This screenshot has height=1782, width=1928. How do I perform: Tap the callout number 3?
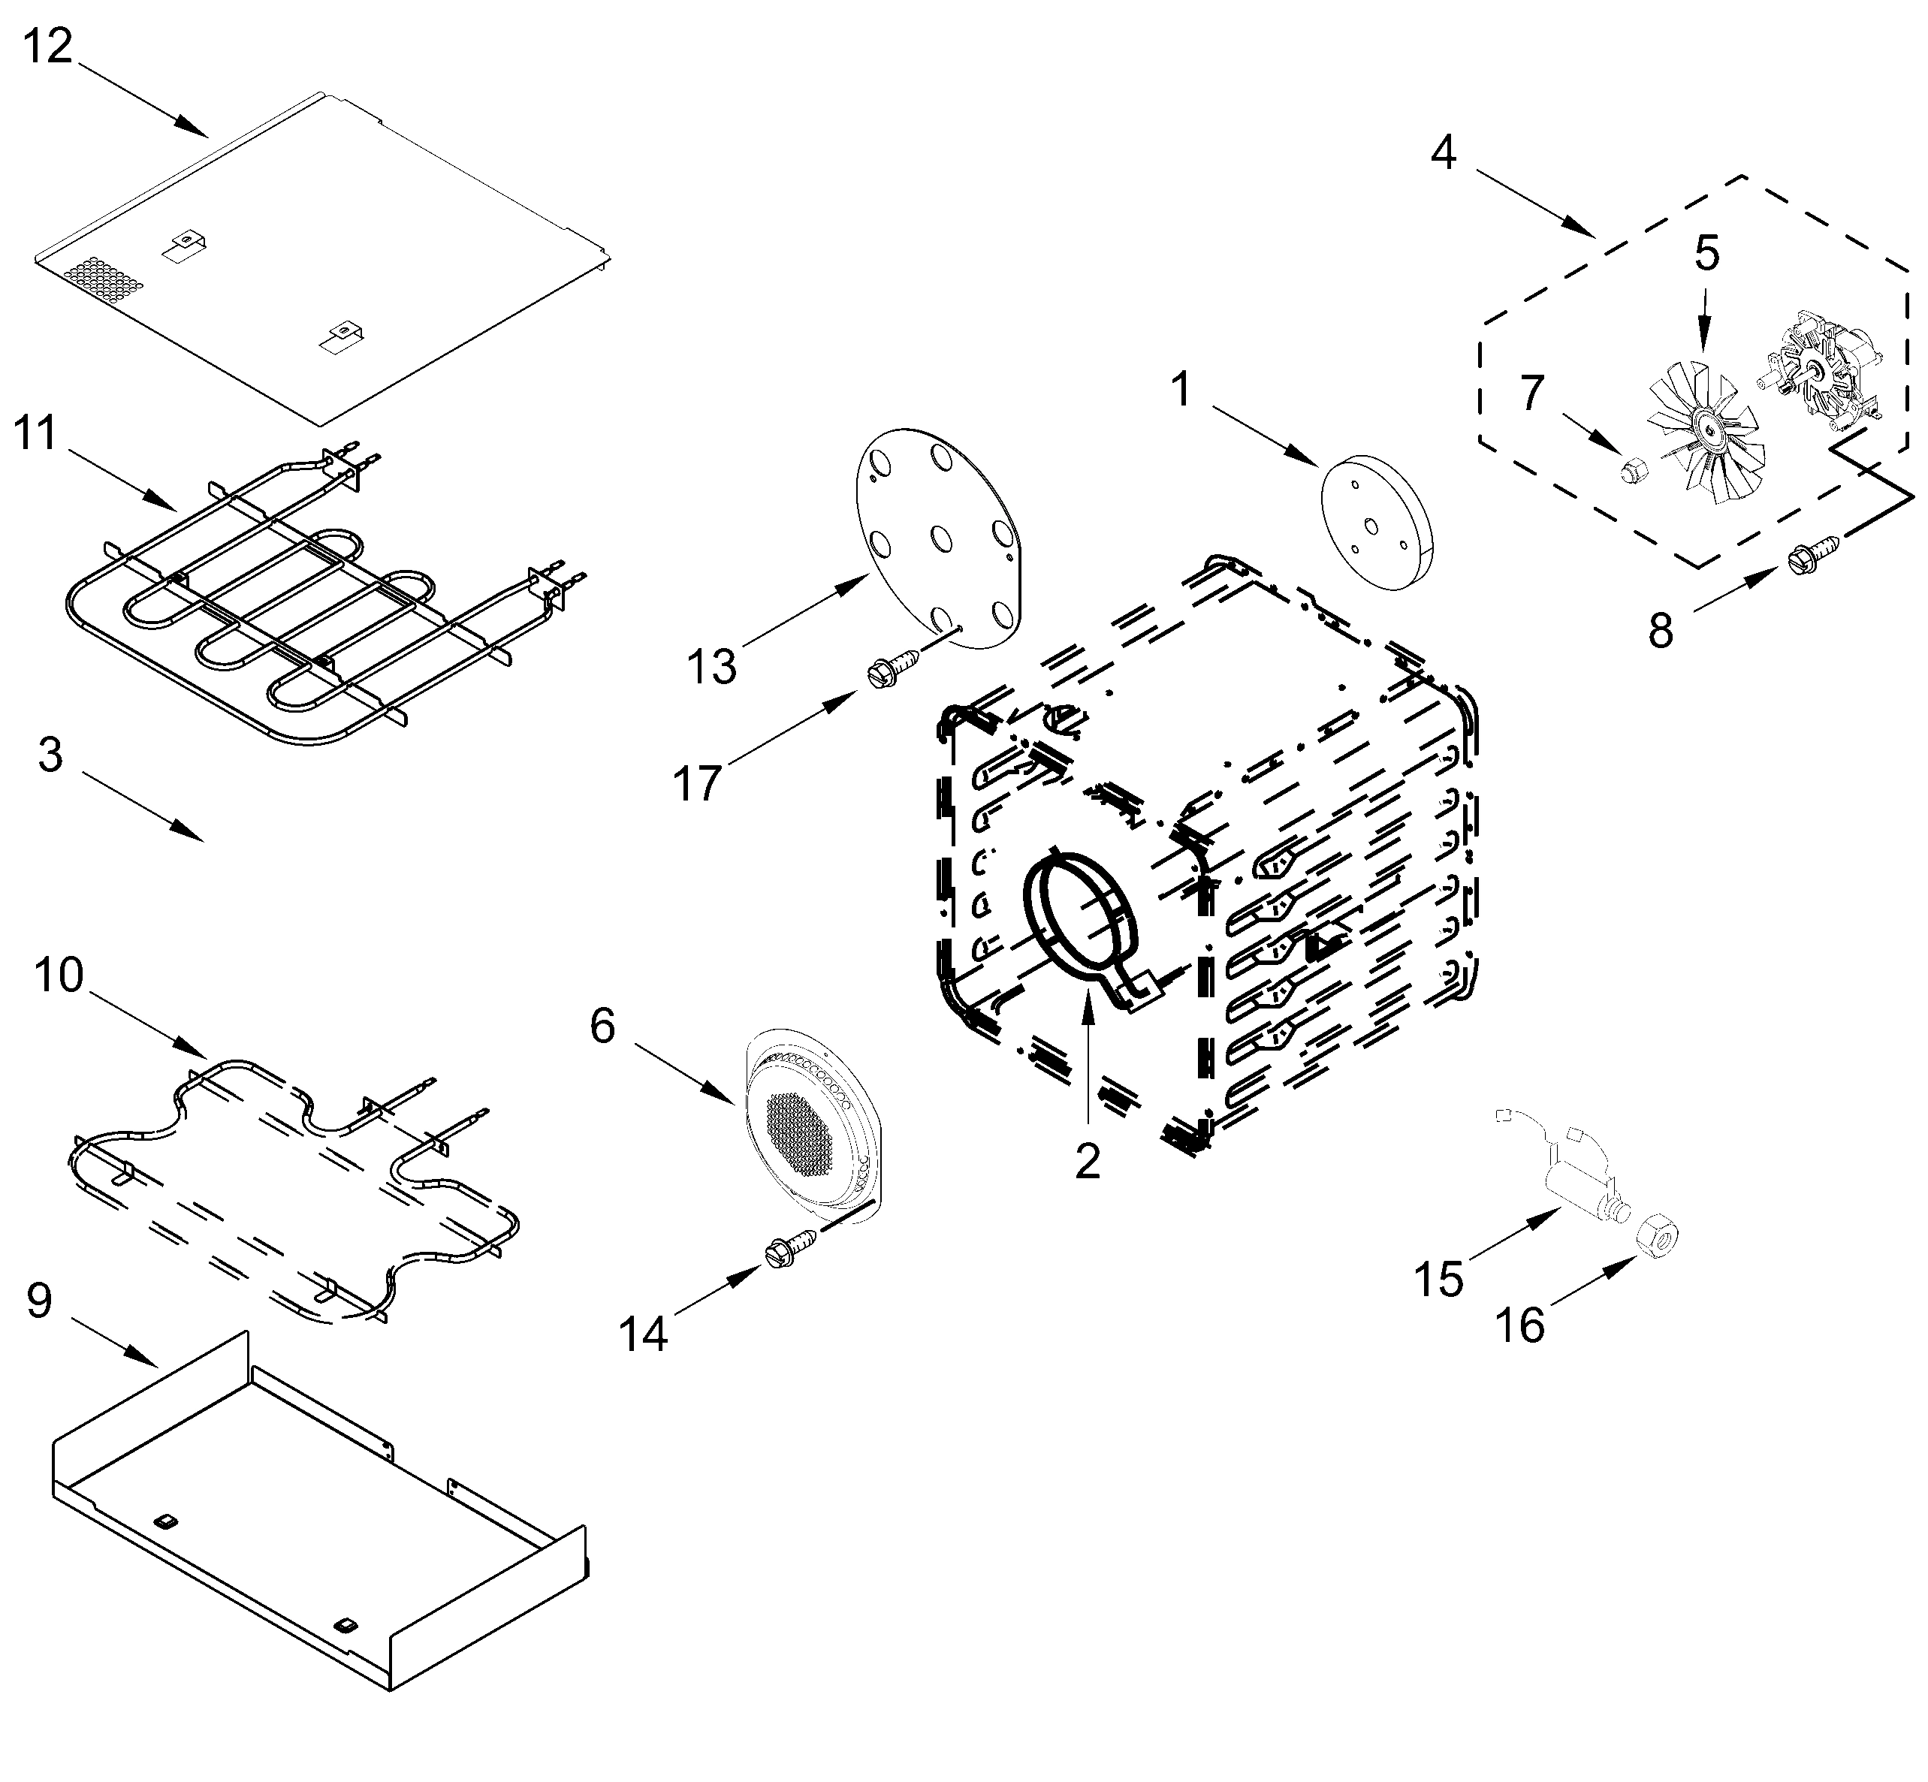pyautogui.click(x=50, y=754)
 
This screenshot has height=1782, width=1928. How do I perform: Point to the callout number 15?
pyautogui.click(x=1438, y=1280)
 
